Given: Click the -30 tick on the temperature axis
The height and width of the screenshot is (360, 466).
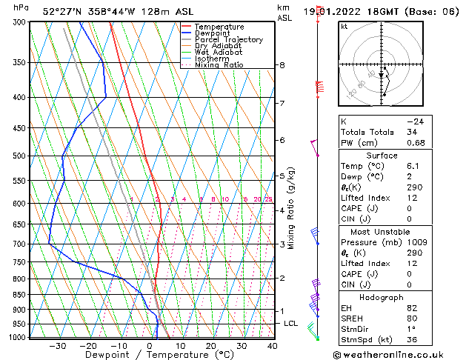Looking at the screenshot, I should click(x=57, y=346).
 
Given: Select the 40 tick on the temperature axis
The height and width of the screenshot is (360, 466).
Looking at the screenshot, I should click(x=273, y=346).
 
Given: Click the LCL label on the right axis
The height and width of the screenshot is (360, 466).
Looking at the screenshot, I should click(x=291, y=324).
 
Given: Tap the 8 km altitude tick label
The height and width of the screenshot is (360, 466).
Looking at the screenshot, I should click(x=282, y=65).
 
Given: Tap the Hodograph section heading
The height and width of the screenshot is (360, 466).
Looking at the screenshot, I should click(x=382, y=297).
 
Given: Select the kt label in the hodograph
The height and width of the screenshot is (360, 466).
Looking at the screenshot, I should click(x=344, y=27).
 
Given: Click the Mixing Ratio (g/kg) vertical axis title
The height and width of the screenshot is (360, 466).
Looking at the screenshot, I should click(x=291, y=208).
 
